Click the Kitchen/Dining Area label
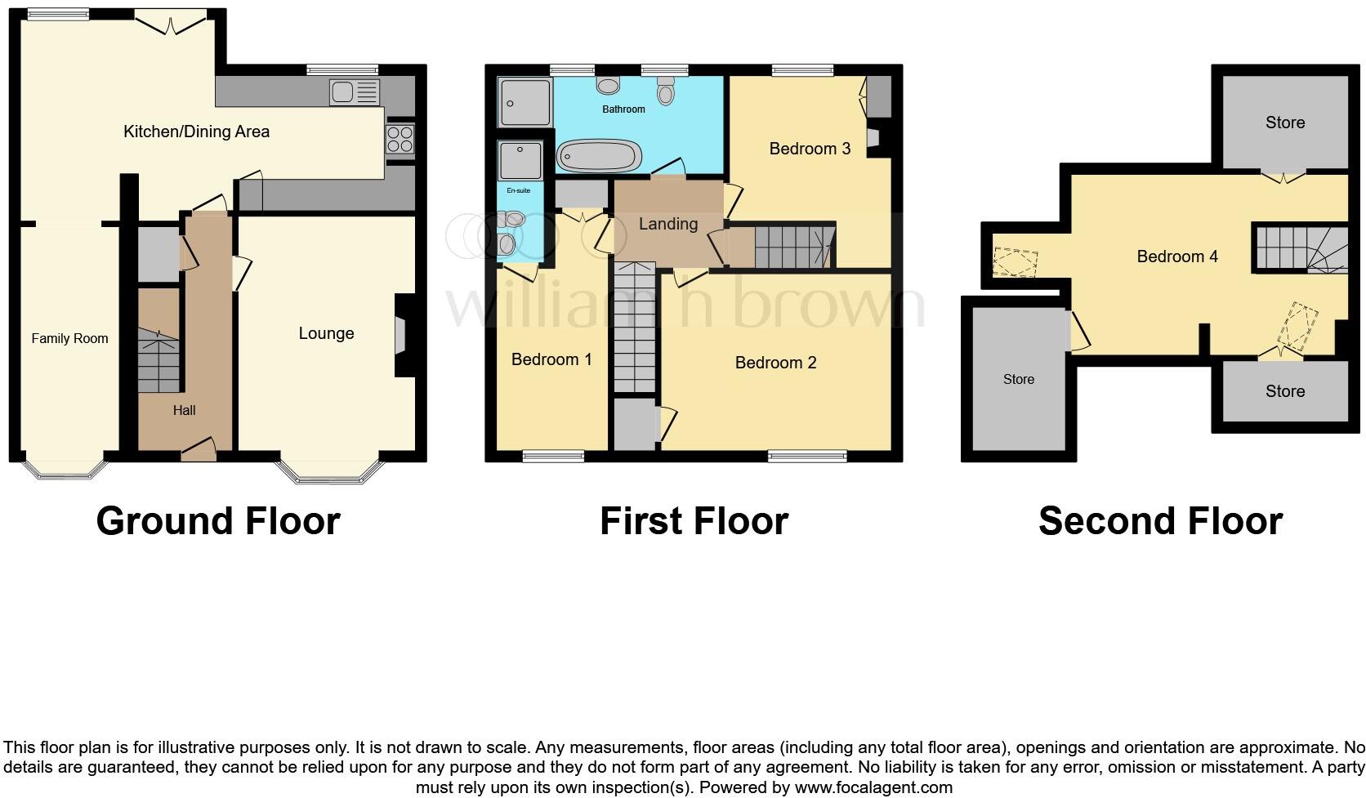coord(196,132)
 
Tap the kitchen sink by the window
coord(355,92)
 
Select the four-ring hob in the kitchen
coord(400,140)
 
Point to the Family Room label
coord(69,338)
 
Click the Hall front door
coord(199,448)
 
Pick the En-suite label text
coord(519,190)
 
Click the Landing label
coord(668,224)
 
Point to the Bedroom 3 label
coord(810,149)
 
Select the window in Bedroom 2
coord(807,457)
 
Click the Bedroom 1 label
coord(551,359)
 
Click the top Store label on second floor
coord(1284,123)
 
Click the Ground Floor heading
coord(218,521)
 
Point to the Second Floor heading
coord(1160,521)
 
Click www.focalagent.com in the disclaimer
coord(873,787)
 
